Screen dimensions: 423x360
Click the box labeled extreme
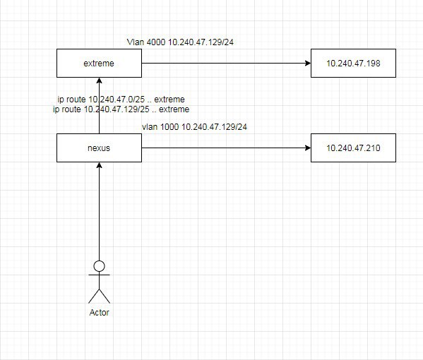pos(99,63)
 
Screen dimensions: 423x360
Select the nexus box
pos(99,148)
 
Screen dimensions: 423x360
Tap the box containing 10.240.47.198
pos(353,63)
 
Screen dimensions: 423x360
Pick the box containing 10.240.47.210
pos(353,148)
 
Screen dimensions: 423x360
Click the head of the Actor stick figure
pos(100,266)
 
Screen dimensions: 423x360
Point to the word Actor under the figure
pos(100,312)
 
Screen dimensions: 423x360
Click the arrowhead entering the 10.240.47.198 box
pos(308,63)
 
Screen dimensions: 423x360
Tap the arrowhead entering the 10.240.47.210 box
pos(308,148)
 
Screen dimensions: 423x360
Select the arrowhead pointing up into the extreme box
pos(100,81)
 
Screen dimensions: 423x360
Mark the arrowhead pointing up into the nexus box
pos(100,166)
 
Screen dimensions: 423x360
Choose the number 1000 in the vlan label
pos(169,127)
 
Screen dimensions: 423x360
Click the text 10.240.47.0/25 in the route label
pos(117,100)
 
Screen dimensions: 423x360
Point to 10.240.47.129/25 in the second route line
pos(117,109)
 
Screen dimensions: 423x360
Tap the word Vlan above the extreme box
pos(136,42)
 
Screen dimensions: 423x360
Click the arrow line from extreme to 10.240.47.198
pos(227,63)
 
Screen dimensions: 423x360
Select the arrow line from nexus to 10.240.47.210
pos(227,148)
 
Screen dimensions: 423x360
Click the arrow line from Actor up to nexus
pos(100,212)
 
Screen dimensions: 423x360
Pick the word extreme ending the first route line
pos(169,100)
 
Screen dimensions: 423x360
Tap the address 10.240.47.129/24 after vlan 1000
pos(214,127)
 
